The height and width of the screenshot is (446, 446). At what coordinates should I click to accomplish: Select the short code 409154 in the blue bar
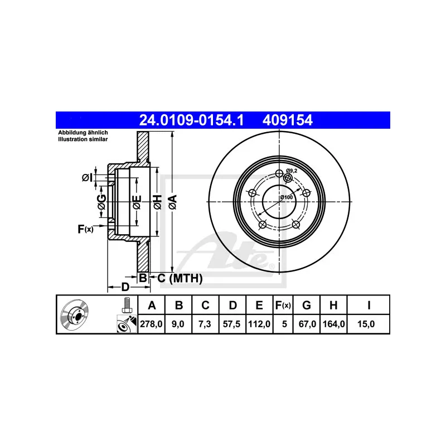pos(284,119)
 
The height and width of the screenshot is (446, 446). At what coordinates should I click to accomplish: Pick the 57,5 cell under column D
pos(233,323)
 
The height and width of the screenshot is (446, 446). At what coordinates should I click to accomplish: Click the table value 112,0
pos(259,323)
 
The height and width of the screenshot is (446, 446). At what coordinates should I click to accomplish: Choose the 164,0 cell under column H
pos(333,323)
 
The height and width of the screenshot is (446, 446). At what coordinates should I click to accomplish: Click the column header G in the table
pos(306,305)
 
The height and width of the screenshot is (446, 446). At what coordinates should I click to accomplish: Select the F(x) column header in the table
pos(283,305)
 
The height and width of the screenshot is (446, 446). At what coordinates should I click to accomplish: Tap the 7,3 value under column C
pos(205,323)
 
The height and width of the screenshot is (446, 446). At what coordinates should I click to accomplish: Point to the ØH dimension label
pos(158,203)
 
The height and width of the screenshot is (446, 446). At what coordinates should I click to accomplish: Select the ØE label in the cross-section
pos(136,203)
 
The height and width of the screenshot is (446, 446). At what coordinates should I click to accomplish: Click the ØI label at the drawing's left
pos(86,178)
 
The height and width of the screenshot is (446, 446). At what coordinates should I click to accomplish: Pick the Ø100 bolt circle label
pos(286,197)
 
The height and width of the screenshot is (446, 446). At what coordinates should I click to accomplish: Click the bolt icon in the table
pos(127,305)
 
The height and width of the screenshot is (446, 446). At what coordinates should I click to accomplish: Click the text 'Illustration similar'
pos(83,139)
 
